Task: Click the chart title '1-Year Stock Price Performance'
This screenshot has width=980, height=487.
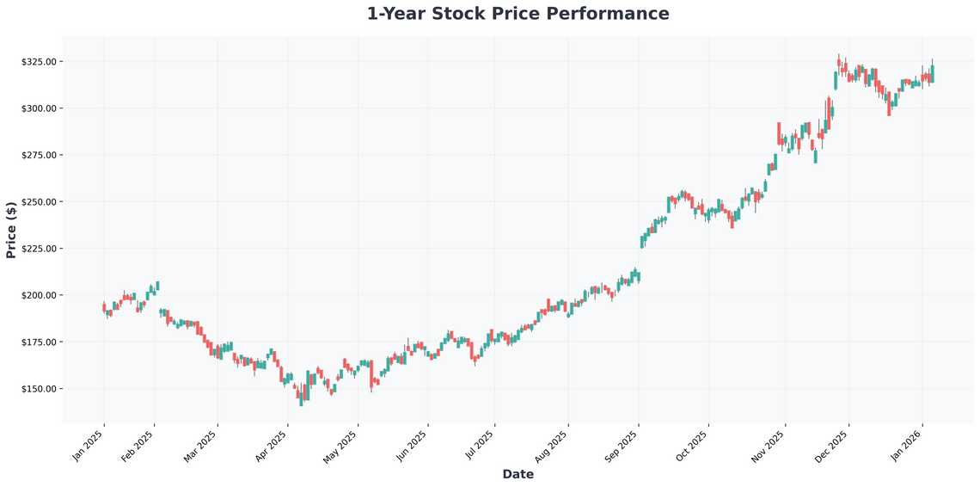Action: (518, 14)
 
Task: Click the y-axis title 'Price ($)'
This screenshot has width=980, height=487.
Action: (11, 230)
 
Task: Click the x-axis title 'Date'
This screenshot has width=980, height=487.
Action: (518, 474)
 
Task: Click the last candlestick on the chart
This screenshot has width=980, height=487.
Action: (932, 74)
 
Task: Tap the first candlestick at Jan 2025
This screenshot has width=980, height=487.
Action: (104, 307)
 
